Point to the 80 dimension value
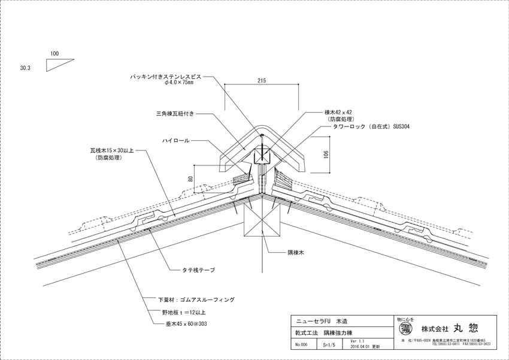tap(191, 177)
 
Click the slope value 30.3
tap(25, 68)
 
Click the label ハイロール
tap(176, 140)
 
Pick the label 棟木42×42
tap(337, 112)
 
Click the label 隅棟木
tap(295, 253)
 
